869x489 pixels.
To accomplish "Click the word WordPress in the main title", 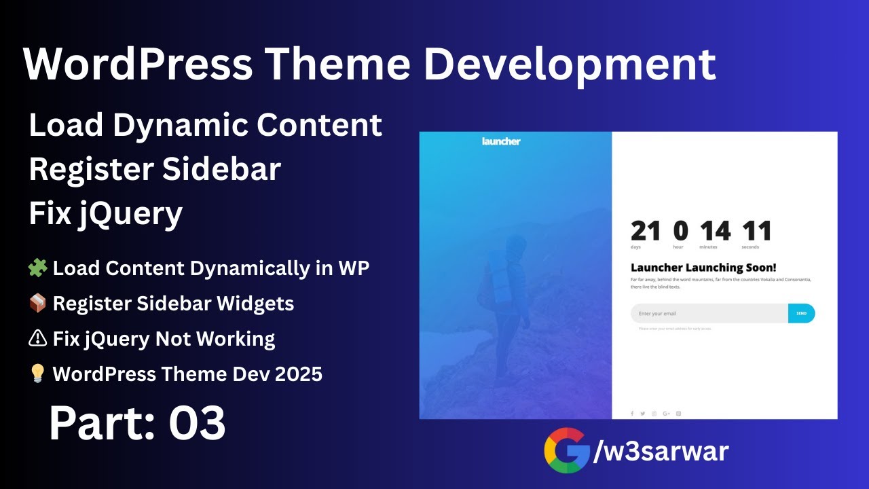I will click(138, 65).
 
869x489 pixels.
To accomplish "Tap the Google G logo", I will click(566, 450).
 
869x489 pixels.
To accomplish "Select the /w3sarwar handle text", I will click(661, 451).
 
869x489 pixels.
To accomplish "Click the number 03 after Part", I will click(197, 423).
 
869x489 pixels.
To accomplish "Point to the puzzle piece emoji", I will click(37, 268).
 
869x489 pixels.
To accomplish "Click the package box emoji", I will click(37, 304).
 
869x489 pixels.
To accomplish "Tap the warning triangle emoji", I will click(37, 339).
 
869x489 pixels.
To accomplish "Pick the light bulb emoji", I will click(37, 374).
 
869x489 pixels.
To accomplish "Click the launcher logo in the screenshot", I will click(501, 141).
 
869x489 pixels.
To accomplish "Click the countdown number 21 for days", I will click(645, 232).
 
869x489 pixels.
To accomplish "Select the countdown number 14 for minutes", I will click(716, 232).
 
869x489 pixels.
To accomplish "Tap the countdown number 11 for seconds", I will click(756, 232).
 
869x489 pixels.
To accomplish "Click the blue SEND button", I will click(801, 314).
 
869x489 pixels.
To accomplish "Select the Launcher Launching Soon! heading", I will click(703, 268).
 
